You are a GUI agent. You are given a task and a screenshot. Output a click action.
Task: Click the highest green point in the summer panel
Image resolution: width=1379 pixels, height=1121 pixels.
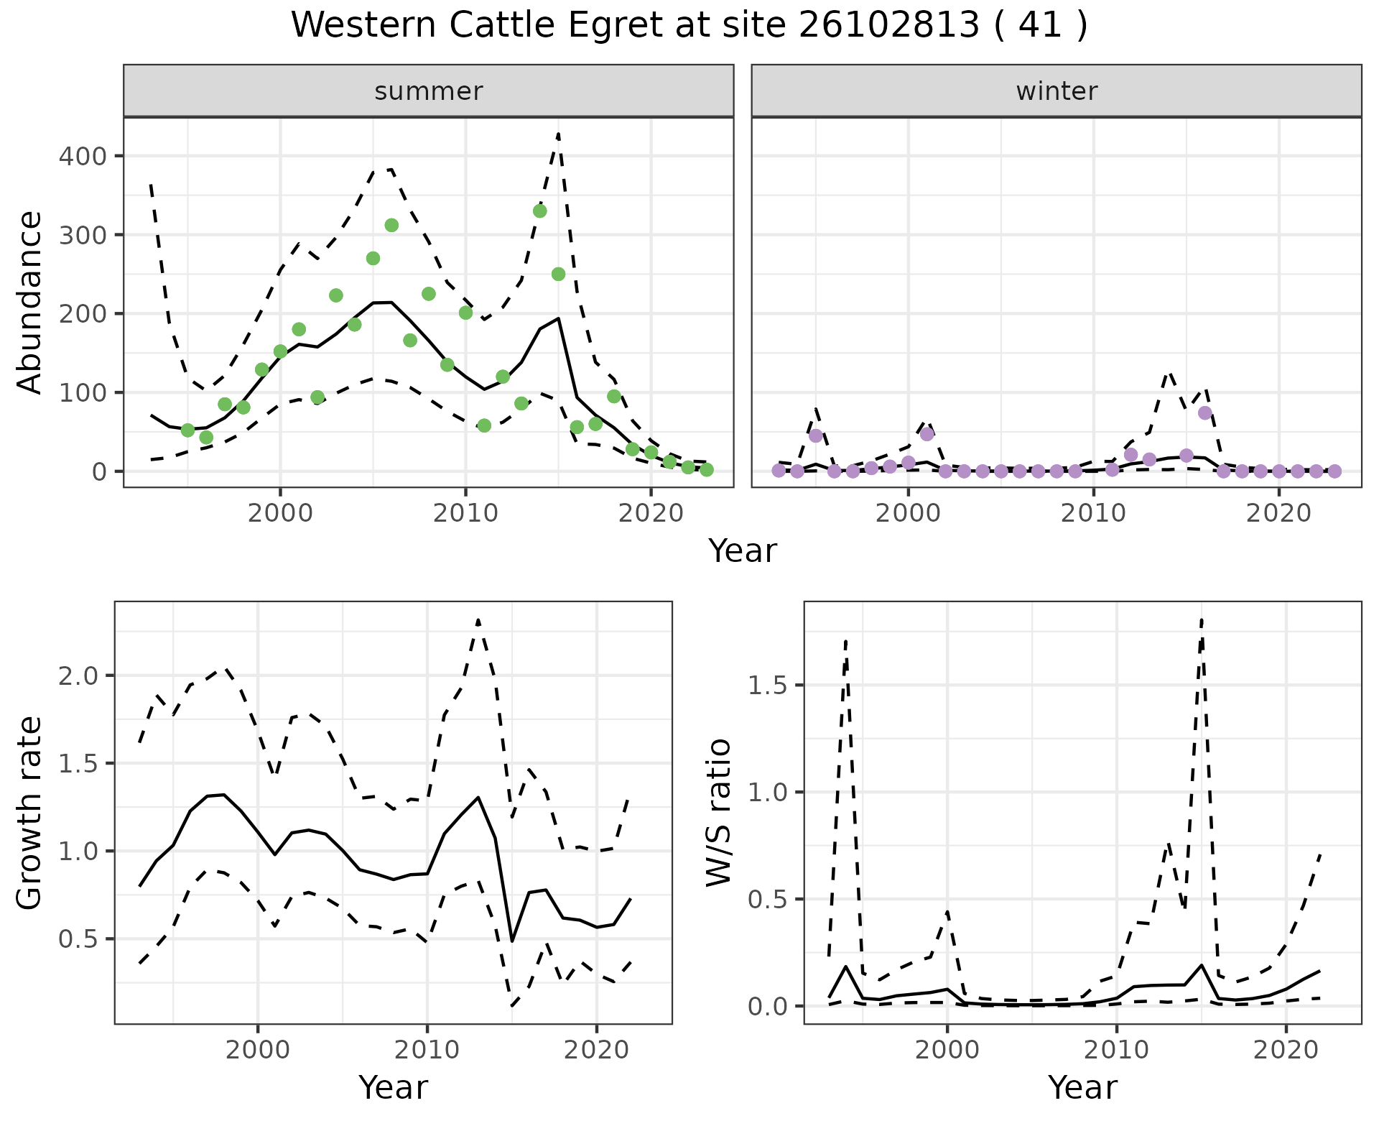pyautogui.click(x=539, y=211)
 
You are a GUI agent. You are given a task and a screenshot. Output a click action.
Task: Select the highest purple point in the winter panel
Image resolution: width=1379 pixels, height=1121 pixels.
pyautogui.click(x=1205, y=412)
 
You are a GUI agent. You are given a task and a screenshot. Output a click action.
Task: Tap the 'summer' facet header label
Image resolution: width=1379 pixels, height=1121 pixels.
pyautogui.click(x=429, y=91)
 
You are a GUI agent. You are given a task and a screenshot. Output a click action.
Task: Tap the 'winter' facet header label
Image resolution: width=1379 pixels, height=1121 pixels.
pyautogui.click(x=1057, y=91)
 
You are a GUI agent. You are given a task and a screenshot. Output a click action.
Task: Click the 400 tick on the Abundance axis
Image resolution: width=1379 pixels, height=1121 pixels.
pyautogui.click(x=81, y=156)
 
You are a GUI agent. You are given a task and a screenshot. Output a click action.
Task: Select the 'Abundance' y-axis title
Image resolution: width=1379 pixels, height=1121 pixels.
pyautogui.click(x=29, y=302)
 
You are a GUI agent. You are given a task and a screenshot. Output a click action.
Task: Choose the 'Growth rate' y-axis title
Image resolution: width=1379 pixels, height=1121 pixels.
pyautogui.click(x=29, y=813)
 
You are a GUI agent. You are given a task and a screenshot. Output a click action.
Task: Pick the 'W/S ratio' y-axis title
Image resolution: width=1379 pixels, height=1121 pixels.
pyautogui.click(x=719, y=813)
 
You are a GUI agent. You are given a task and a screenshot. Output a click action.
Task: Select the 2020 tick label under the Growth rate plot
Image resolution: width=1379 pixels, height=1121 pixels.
pyautogui.click(x=596, y=1050)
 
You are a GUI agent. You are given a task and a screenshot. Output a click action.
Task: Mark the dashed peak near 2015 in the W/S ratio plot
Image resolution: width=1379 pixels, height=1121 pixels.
pyautogui.click(x=1202, y=619)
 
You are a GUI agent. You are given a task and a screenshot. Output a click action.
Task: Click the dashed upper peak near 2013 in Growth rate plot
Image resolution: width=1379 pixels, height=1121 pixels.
pyautogui.click(x=478, y=619)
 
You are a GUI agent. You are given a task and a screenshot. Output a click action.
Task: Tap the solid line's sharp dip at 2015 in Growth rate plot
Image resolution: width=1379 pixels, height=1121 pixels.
pyautogui.click(x=512, y=941)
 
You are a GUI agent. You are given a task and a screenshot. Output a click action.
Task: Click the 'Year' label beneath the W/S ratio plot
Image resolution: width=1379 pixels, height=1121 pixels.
pyautogui.click(x=1082, y=1087)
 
